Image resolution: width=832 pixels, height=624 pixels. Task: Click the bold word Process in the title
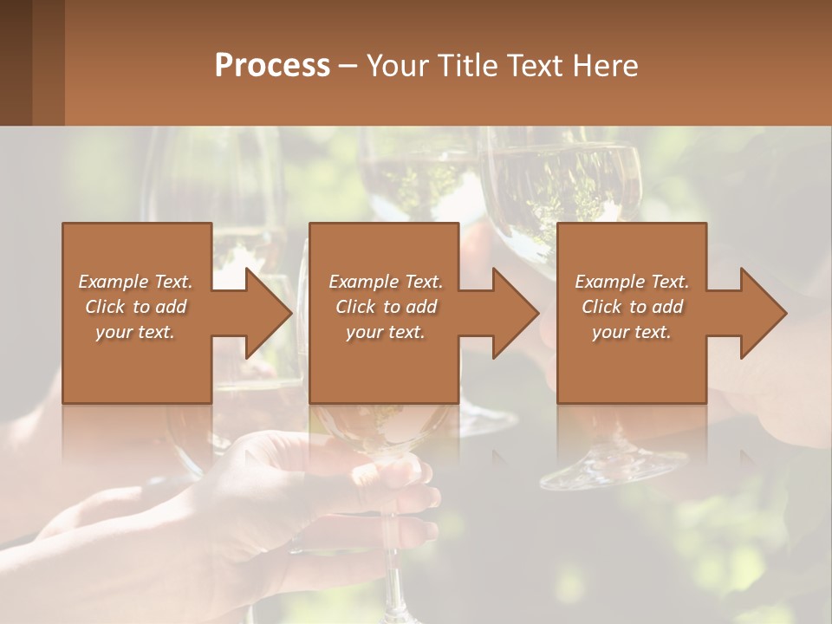coord(272,65)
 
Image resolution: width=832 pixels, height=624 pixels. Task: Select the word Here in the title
coord(606,65)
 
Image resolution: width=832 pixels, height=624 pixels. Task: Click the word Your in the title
coord(396,65)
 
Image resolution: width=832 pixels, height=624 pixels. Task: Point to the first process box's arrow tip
coord(290,313)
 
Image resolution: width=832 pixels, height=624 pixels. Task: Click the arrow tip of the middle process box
coord(537,313)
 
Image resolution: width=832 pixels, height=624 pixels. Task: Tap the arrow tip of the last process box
coord(785,313)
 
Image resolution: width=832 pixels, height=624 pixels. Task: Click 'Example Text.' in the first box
coord(135,282)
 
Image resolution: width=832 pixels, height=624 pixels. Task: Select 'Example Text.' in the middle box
coord(385,282)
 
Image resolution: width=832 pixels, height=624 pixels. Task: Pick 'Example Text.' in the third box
coord(632,282)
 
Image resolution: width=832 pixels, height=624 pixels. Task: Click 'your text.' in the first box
coord(135,332)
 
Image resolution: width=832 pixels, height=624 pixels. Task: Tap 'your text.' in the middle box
coord(385,332)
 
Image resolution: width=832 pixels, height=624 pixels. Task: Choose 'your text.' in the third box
coord(632,332)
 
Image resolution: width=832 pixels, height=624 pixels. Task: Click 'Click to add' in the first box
coord(135,307)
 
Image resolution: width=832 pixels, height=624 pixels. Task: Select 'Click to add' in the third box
coord(632,307)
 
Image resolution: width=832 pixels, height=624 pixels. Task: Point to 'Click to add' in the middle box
coord(385,307)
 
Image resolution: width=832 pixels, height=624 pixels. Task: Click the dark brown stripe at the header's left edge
coord(16,62)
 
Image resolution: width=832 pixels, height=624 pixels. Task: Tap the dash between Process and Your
coord(348,66)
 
